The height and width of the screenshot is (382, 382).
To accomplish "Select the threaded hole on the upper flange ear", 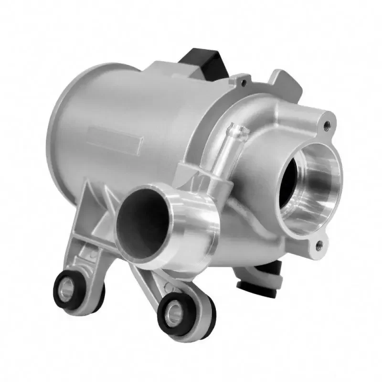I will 327,124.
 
